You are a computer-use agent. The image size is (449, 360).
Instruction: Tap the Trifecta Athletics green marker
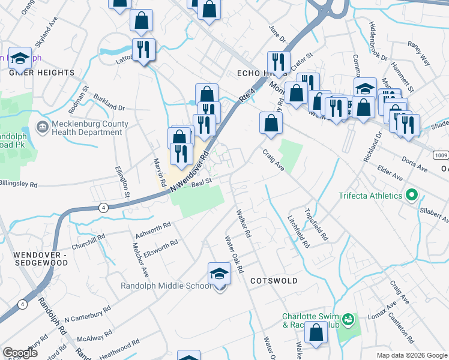click(x=411, y=196)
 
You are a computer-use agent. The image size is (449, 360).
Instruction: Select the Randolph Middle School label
click(x=166, y=286)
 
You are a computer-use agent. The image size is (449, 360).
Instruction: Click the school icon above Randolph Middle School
click(x=219, y=274)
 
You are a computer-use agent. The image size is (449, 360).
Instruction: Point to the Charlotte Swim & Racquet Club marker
click(x=348, y=319)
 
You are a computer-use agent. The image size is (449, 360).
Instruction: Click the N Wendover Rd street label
click(x=188, y=172)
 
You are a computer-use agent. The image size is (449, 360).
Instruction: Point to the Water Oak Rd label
click(x=234, y=254)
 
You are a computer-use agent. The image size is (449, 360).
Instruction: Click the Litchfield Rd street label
click(x=298, y=232)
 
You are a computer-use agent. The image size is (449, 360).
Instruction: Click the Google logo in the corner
click(x=20, y=353)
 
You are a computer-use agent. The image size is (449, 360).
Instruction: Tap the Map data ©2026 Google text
click(x=411, y=355)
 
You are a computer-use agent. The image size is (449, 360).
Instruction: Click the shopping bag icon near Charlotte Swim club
click(x=316, y=333)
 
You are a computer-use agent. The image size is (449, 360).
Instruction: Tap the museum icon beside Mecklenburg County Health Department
click(x=43, y=128)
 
